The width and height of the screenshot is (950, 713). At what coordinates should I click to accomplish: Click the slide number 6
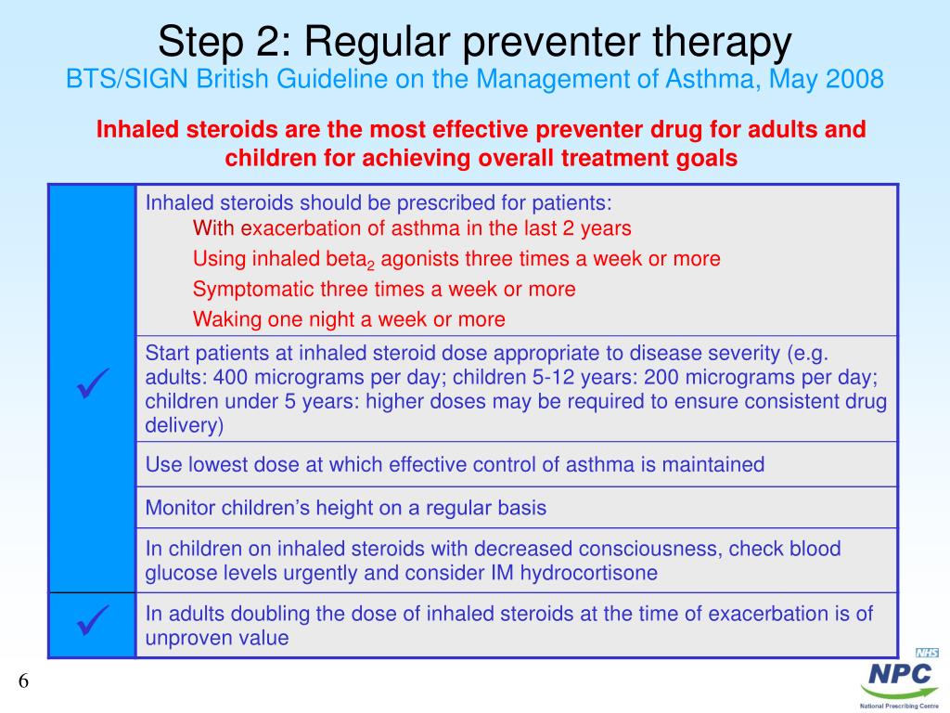24,681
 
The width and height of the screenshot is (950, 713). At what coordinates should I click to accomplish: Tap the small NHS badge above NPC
927,653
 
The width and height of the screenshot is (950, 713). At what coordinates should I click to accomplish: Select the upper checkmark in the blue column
92,383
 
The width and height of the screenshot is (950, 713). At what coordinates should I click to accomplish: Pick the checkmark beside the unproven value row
92,620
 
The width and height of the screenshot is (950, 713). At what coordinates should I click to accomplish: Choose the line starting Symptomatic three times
384,290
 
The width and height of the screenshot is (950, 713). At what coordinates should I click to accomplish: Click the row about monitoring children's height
346,508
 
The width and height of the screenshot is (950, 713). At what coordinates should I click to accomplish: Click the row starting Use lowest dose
455,464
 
